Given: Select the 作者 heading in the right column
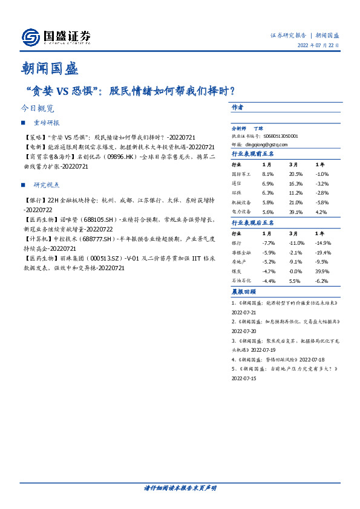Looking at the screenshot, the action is point(237,107).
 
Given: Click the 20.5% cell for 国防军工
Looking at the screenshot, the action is point(295,173).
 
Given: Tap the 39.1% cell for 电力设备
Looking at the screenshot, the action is point(295,212).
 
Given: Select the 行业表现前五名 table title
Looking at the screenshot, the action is point(253,154).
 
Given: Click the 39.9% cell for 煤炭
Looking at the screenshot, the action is point(322,271).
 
